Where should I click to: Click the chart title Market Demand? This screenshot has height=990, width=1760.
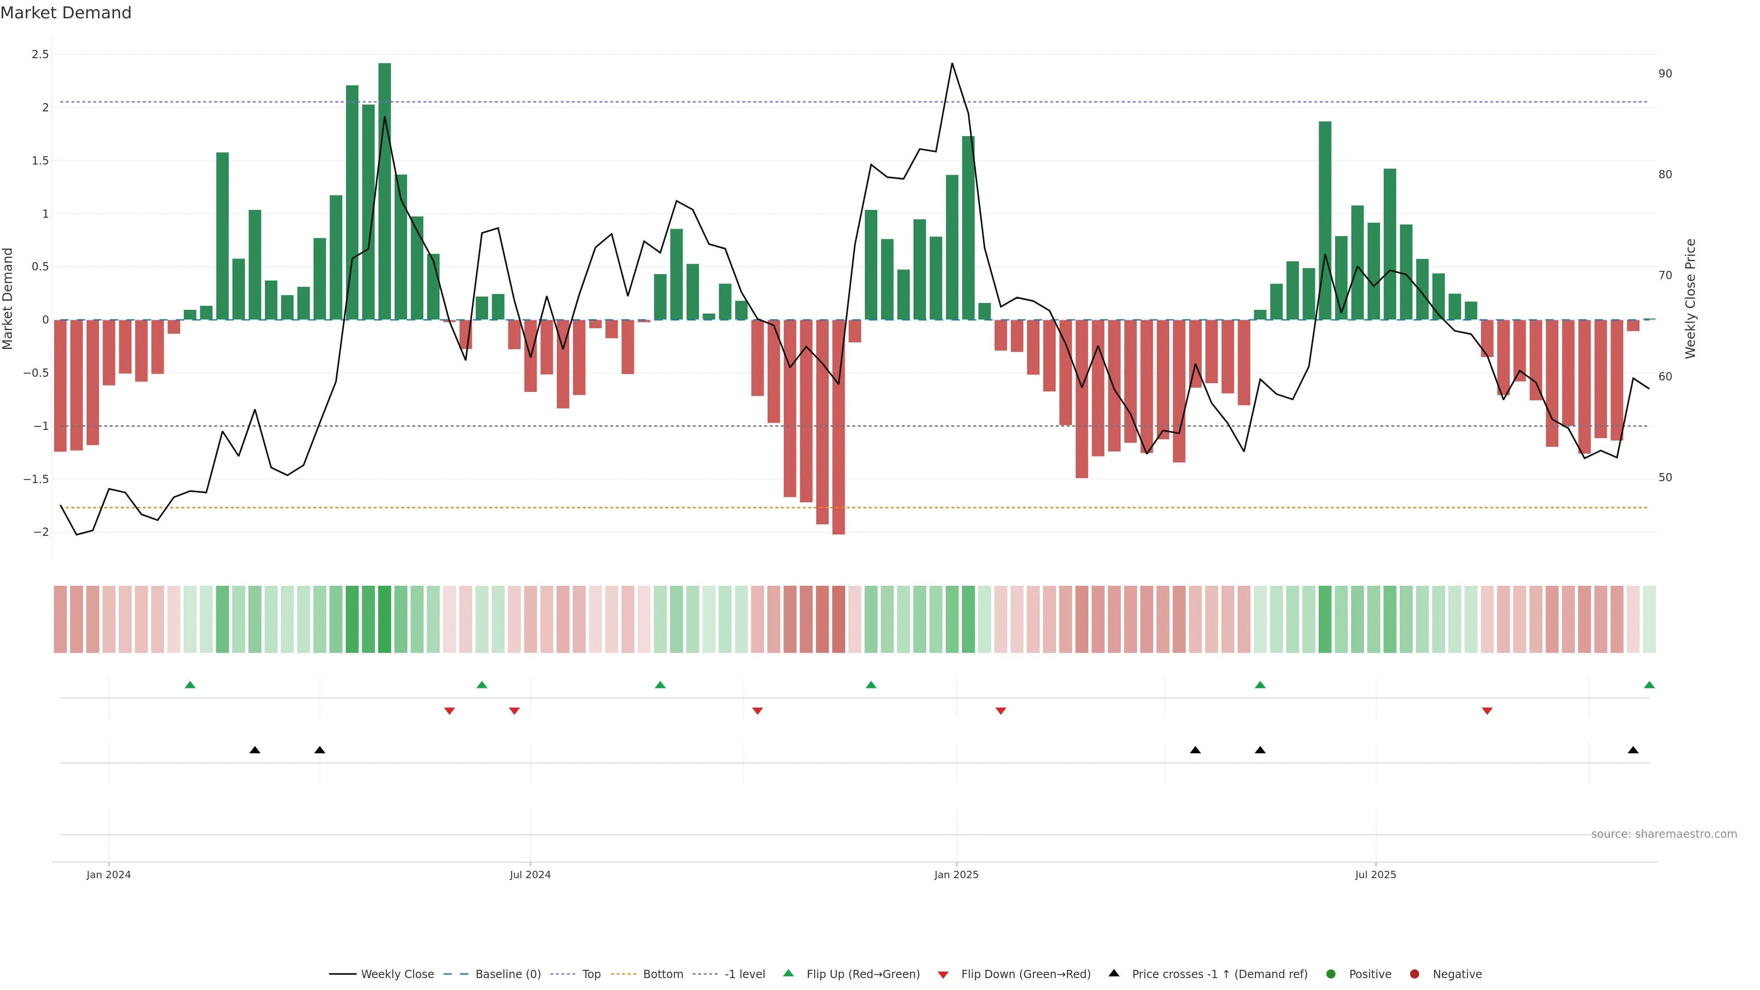66,13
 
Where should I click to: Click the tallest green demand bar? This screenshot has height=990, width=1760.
385,191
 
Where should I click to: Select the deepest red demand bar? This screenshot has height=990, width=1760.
838,427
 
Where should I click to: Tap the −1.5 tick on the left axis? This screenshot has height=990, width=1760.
36,479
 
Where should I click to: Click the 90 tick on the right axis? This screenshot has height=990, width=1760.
1665,74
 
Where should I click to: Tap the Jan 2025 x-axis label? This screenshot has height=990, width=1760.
956,874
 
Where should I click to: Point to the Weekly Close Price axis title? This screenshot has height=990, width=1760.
1690,298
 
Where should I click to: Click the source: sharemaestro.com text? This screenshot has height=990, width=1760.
1664,834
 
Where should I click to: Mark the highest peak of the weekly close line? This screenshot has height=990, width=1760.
952,64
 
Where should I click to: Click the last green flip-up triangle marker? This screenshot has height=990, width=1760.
1649,685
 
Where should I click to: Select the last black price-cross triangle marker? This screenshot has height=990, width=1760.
1633,750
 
